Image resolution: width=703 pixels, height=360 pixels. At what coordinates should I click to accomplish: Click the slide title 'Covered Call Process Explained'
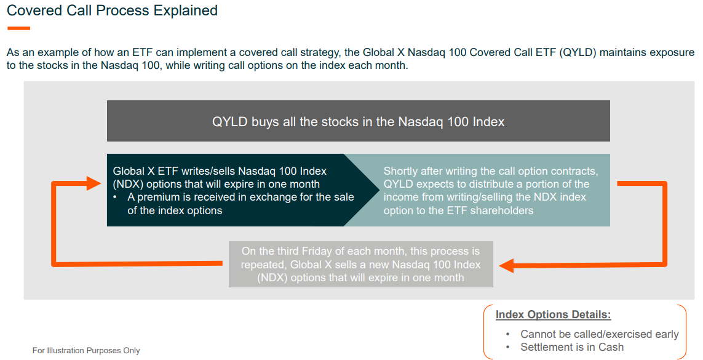click(x=112, y=10)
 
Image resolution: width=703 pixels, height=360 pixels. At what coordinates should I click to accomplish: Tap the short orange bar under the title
click(x=18, y=28)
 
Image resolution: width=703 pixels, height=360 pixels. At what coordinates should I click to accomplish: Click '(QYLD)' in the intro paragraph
click(x=578, y=52)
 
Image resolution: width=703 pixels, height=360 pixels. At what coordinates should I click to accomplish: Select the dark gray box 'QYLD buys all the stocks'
click(x=358, y=121)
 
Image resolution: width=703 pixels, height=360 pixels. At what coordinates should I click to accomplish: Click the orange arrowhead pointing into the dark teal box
click(x=94, y=183)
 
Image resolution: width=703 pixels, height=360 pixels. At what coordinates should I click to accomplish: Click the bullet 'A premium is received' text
click(x=240, y=197)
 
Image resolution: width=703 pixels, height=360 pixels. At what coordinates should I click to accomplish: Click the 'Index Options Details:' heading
click(x=553, y=314)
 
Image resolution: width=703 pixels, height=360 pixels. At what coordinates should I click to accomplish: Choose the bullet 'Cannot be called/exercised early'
click(x=599, y=334)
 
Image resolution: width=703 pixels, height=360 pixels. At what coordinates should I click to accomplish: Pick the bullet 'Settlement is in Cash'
click(x=571, y=347)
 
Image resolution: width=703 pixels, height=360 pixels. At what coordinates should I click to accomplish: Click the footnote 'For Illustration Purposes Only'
click(x=86, y=350)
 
